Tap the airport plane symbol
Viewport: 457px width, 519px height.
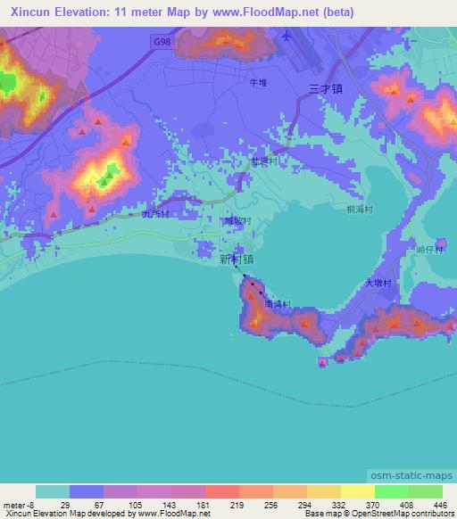coord(286,37)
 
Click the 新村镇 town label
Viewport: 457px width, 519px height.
coord(236,258)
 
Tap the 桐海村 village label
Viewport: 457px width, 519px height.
coord(346,206)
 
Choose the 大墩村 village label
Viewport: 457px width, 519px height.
coord(378,283)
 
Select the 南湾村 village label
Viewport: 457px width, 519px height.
coord(278,304)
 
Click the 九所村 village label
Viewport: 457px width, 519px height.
coord(155,215)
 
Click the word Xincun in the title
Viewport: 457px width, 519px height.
coord(26,12)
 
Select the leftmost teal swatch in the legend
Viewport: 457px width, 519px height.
coord(53,491)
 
